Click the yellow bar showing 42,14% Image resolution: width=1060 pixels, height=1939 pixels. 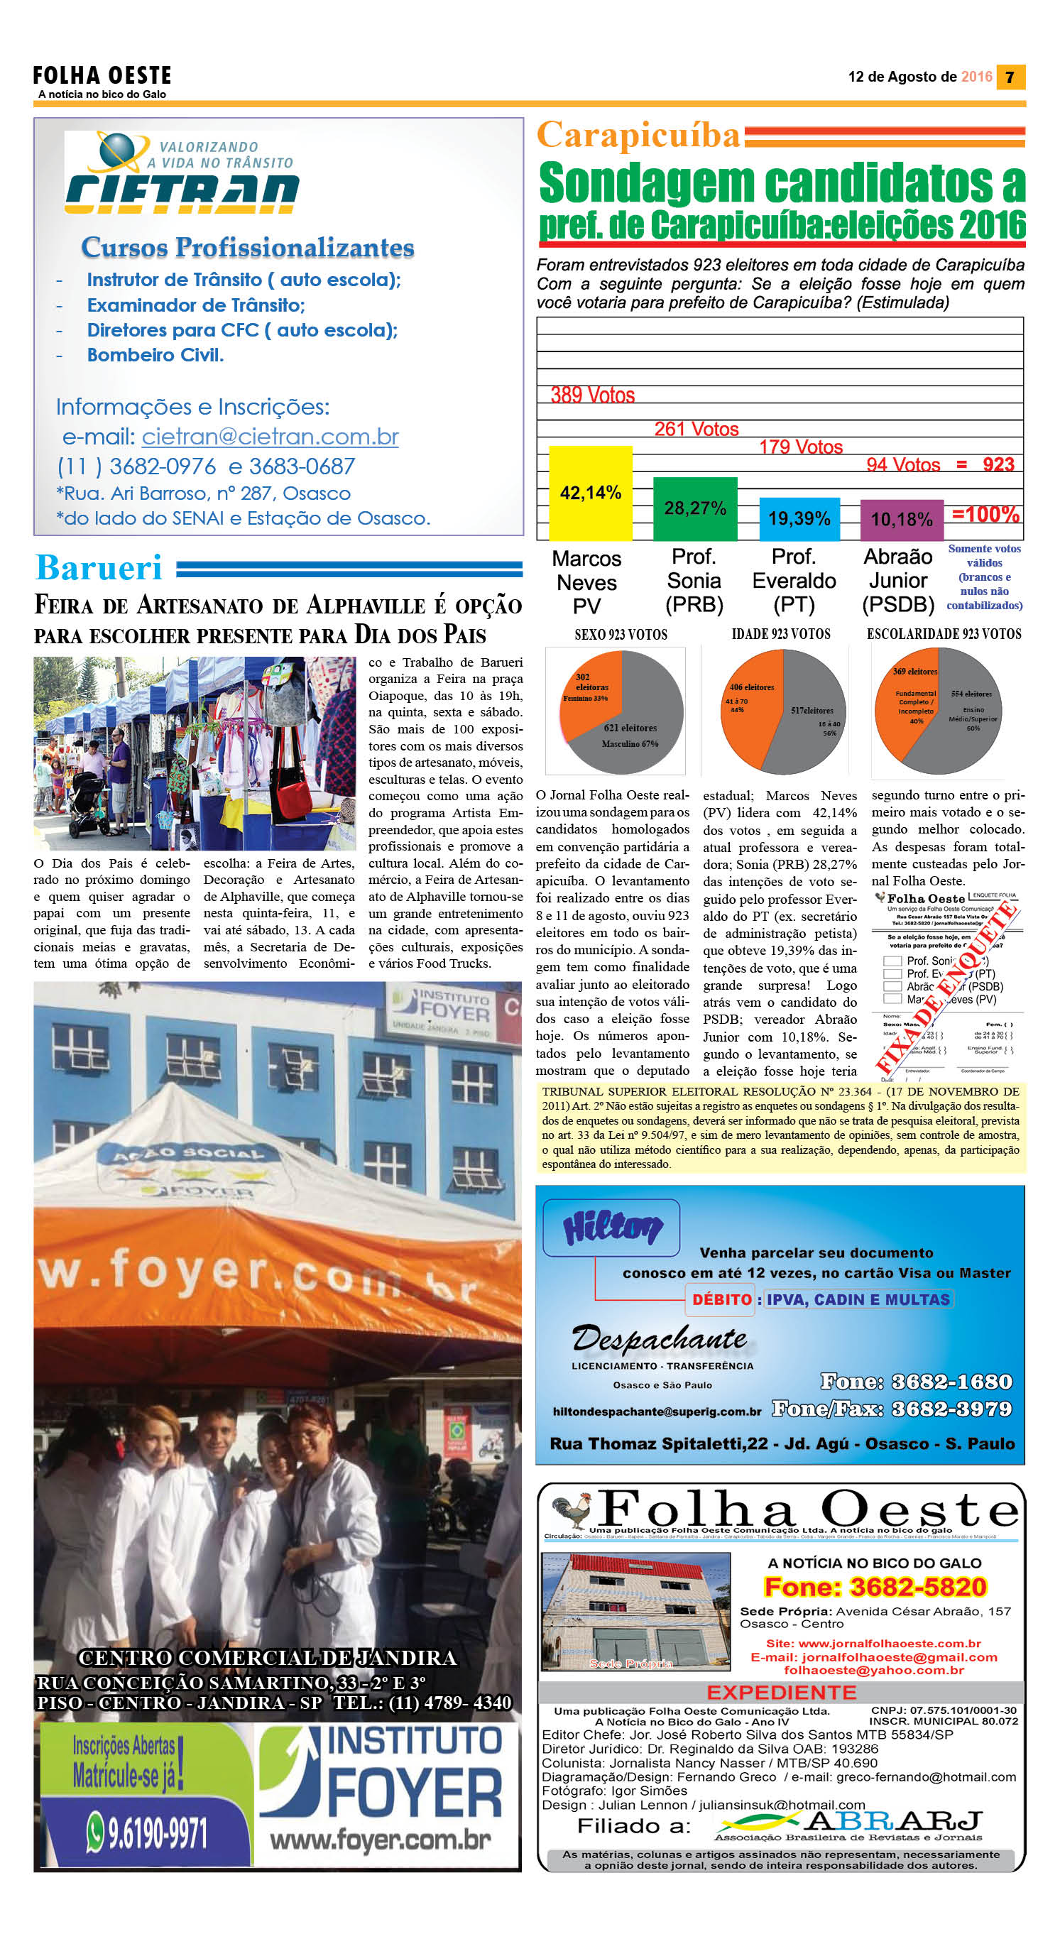(590, 493)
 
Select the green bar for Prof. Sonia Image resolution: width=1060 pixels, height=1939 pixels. (695, 508)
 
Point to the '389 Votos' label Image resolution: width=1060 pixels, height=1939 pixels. (593, 395)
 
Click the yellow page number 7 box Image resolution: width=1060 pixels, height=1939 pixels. (1010, 77)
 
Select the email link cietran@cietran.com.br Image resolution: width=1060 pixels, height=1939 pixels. (271, 437)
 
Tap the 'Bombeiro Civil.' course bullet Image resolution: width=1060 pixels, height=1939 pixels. (155, 354)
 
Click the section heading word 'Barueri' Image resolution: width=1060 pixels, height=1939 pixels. (99, 567)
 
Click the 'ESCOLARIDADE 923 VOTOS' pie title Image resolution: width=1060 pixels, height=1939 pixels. (944, 634)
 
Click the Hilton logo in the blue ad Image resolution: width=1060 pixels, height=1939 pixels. (613, 1227)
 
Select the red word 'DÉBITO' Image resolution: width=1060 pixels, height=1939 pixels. (721, 1299)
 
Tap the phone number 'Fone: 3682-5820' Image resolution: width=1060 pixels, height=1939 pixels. (875, 1587)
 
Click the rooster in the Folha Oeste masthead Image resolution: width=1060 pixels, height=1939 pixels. (570, 1510)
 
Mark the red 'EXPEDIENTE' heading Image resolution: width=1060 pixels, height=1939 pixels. (781, 1693)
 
